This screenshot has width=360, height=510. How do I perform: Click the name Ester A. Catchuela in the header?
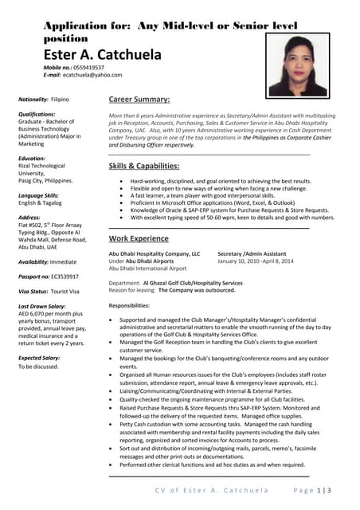pyautogui.click(x=102, y=55)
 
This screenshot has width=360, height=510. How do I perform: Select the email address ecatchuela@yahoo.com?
pyautogui.click(x=93, y=76)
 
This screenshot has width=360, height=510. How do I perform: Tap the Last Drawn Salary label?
pyautogui.click(x=43, y=307)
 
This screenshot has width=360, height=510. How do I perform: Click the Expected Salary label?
pyautogui.click(x=41, y=359)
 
